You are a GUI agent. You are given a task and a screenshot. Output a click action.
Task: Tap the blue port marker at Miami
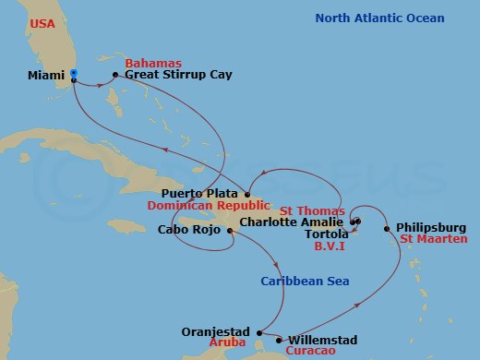(74, 73)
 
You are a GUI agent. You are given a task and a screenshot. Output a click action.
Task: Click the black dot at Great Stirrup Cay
(114, 75)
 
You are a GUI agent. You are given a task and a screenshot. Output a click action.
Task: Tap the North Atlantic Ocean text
(379, 18)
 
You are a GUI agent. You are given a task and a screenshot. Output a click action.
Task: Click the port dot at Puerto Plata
(247, 194)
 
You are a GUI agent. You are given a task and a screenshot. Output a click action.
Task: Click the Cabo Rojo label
(188, 230)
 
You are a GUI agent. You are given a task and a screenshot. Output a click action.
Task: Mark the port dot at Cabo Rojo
(229, 231)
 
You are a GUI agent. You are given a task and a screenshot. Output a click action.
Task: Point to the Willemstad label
(323, 341)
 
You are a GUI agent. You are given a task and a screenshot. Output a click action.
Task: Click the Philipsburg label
(431, 227)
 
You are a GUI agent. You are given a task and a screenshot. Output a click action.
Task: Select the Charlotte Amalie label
(292, 222)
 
